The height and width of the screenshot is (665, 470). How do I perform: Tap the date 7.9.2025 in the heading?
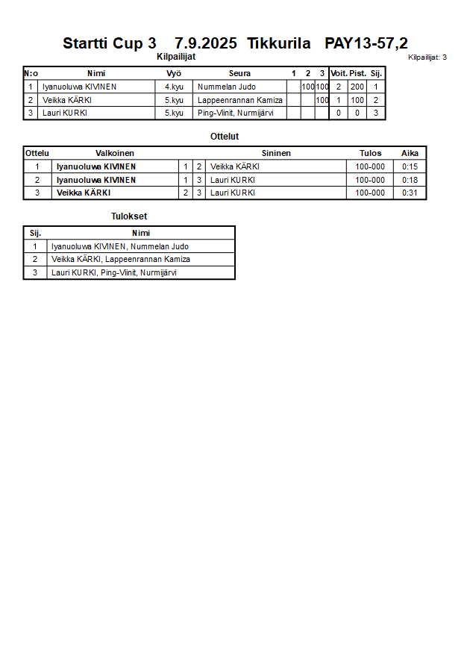pos(206,43)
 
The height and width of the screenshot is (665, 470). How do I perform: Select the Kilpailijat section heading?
pos(176,57)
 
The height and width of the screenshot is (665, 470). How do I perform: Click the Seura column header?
pos(239,73)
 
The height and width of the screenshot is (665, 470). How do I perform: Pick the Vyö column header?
pos(174,73)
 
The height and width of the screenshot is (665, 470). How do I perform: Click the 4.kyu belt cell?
pos(174,87)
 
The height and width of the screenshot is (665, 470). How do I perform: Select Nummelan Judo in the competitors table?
pos(227,87)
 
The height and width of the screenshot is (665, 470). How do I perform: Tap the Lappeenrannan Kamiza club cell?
pos(240,100)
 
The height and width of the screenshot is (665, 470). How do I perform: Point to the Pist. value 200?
pos(357,87)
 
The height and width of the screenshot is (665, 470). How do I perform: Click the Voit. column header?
pos(339,73)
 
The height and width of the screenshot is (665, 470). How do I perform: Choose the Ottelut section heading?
pos(225,137)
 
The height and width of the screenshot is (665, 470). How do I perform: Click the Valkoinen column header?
pos(115,153)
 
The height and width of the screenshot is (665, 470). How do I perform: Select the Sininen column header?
pos(276,153)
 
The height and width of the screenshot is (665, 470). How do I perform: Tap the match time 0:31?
pos(410,193)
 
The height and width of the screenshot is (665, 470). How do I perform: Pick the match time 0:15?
pos(410,166)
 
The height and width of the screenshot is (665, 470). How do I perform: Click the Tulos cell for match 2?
pos(370,180)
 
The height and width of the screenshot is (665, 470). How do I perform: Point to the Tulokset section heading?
pos(129,216)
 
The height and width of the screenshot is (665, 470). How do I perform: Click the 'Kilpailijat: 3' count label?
pos(427,57)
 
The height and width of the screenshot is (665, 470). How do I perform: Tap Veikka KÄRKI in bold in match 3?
pos(84,193)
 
